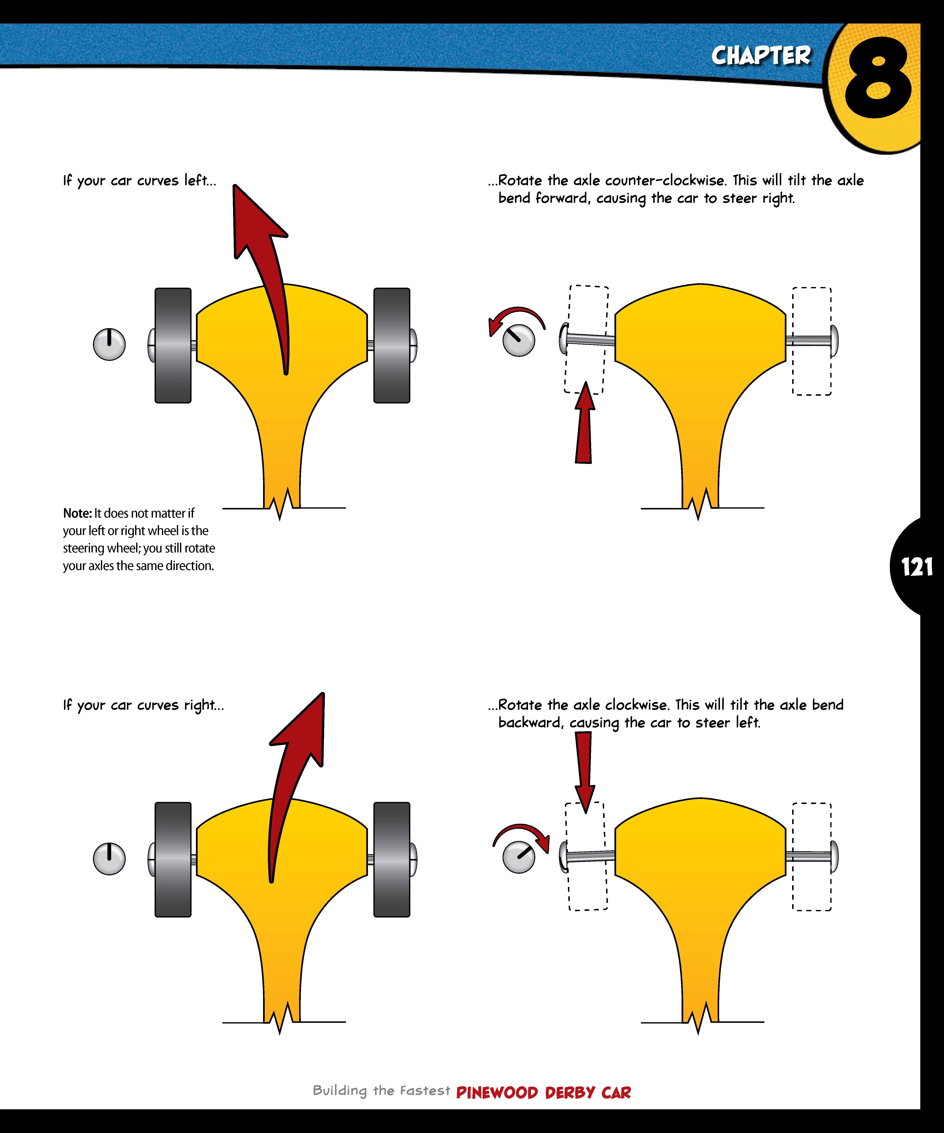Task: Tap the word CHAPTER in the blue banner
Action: pyautogui.click(x=761, y=56)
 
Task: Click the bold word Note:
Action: pyautogui.click(x=77, y=513)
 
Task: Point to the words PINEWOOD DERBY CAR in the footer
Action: pyautogui.click(x=543, y=1093)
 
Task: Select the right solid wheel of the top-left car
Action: pyautogui.click(x=392, y=345)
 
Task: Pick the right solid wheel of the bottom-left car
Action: pyautogui.click(x=392, y=859)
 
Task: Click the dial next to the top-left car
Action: pyautogui.click(x=109, y=344)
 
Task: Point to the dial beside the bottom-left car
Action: pyautogui.click(x=109, y=858)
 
